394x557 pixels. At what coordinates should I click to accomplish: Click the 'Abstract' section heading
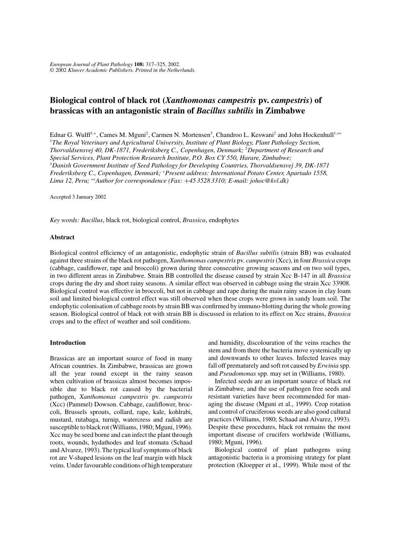click(62, 237)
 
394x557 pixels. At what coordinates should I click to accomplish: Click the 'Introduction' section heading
click(68, 343)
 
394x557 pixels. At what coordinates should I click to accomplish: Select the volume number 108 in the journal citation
click(139, 64)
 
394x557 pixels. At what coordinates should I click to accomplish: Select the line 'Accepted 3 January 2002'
click(78, 197)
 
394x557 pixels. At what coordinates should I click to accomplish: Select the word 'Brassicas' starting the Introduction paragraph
click(62, 358)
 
